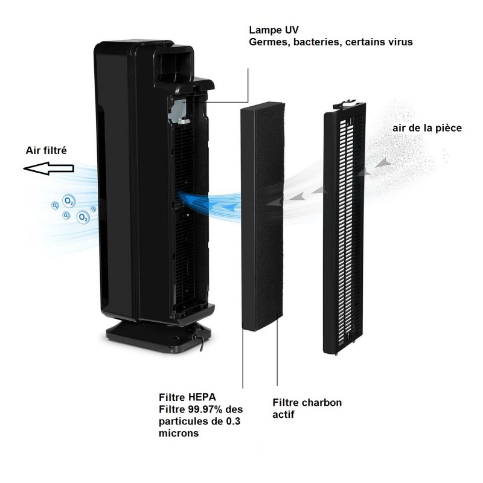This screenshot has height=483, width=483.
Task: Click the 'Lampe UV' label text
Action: tap(273, 30)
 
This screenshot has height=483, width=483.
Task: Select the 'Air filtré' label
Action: tap(46, 150)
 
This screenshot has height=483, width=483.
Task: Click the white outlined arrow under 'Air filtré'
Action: tap(48, 168)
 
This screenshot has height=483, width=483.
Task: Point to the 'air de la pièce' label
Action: tap(427, 128)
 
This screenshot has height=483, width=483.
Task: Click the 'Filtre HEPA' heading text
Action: tap(187, 397)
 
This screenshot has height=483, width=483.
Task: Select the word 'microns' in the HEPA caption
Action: tap(179, 433)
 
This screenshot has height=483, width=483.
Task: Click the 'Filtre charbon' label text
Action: tap(307, 403)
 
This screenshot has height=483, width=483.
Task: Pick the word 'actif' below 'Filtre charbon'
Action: tap(283, 415)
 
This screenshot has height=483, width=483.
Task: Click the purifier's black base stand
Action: tap(159, 336)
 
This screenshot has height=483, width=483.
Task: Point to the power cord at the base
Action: tap(198, 340)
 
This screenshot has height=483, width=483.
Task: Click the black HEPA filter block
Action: tap(262, 216)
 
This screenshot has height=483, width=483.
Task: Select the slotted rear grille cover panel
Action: tap(344, 228)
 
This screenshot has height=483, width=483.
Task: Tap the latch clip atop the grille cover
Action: tap(345, 104)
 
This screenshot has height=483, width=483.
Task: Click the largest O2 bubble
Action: tap(83, 217)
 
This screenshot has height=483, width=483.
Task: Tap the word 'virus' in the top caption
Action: tap(400, 42)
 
